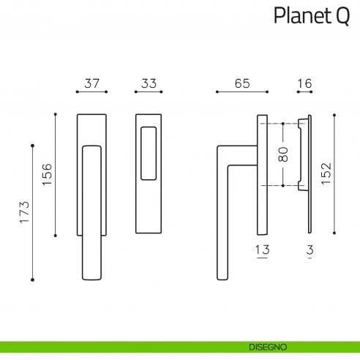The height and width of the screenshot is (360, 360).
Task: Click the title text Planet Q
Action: click(311, 15)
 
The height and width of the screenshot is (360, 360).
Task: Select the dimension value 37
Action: click(91, 83)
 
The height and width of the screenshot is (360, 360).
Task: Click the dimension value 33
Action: click(149, 83)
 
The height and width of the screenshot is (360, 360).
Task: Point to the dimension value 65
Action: click(242, 83)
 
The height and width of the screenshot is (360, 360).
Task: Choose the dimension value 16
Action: click(304, 83)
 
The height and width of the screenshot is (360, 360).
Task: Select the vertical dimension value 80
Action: click(284, 154)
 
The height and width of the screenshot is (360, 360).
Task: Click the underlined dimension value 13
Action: click(262, 250)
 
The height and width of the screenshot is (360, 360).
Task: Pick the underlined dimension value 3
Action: click(310, 250)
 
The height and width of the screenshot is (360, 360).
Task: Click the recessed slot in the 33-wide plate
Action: click(149, 153)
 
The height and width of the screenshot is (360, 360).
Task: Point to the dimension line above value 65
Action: click(242, 92)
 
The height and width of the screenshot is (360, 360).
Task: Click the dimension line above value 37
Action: click(91, 92)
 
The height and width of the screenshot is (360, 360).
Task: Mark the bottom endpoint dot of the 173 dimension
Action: click(32, 280)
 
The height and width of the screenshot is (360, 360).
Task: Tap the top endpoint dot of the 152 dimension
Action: click(334, 114)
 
